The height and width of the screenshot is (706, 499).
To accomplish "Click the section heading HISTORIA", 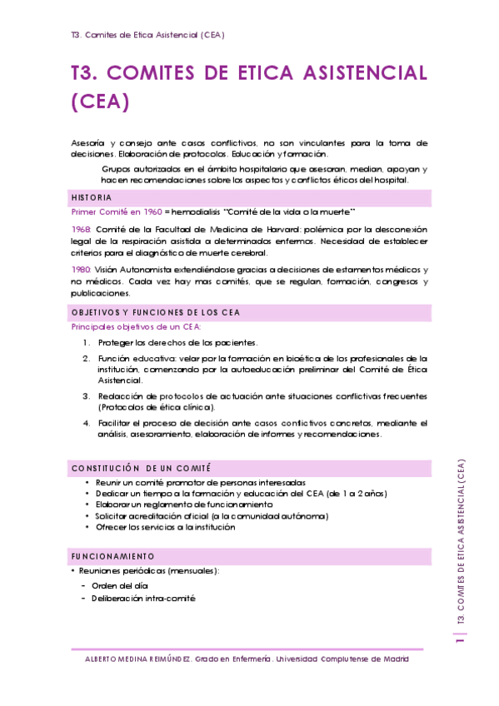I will pyautogui.click(x=92, y=198).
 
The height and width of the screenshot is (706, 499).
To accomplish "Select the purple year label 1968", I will pyautogui.click(x=81, y=228).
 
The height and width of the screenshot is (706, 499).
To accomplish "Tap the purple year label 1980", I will pyautogui.click(x=81, y=270).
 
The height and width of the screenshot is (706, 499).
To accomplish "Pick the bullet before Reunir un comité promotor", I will pyautogui.click(x=87, y=482).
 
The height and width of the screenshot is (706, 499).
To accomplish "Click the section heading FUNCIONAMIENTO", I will pyautogui.click(x=112, y=555).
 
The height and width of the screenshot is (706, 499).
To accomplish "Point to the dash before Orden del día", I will pyautogui.click(x=83, y=585).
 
